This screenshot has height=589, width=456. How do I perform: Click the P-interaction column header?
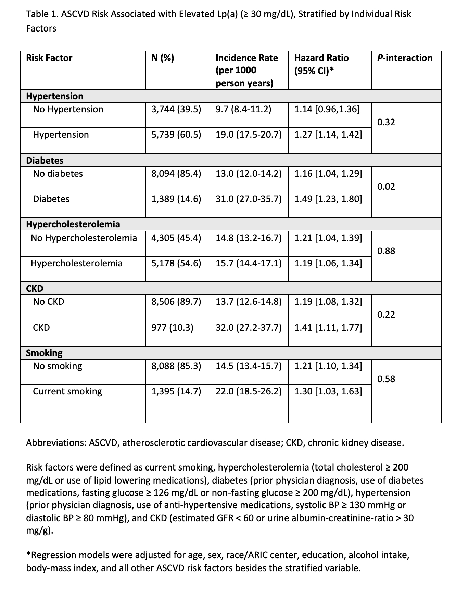405,58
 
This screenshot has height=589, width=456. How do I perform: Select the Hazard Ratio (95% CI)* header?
321,64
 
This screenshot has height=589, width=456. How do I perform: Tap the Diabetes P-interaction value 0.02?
386,187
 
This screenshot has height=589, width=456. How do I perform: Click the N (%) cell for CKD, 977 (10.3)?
172,328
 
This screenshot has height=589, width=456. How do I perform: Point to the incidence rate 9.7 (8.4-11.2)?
243,109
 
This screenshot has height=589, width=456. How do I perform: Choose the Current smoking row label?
67,391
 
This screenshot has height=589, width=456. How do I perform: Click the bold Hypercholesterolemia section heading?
73,224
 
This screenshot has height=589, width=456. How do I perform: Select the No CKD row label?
48,302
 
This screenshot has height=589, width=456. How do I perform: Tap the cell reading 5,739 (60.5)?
176,135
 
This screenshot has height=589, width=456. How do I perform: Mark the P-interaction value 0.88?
386,251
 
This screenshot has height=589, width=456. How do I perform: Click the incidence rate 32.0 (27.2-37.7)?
249,328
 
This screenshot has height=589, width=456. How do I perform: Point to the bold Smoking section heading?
44,353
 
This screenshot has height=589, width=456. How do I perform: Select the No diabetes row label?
58,174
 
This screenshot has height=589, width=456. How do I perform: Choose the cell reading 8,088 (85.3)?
176,366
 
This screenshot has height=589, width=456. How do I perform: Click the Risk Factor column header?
49,58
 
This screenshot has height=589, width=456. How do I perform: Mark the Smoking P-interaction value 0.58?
386,379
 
